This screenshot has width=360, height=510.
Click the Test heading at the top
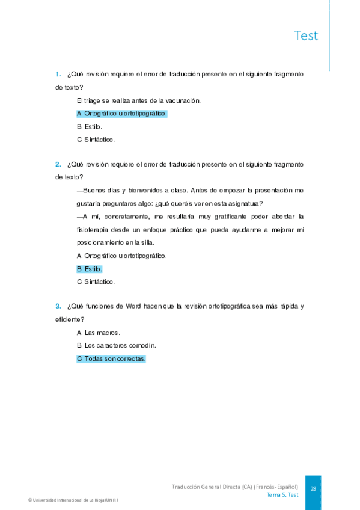tap(306, 35)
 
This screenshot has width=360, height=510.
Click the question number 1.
tap(58, 75)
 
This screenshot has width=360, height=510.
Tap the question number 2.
tap(58, 164)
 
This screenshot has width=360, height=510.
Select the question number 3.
tap(58, 306)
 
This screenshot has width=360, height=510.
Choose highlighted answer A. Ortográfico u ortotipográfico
tap(122, 114)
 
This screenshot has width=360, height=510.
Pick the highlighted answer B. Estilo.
tap(90, 269)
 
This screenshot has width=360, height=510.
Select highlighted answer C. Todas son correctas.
tap(111, 358)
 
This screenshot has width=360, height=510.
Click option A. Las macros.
tap(99, 333)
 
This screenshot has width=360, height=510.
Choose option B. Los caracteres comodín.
tap(116, 346)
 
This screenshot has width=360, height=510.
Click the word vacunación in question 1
tap(182, 100)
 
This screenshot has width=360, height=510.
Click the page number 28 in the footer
tap(313, 489)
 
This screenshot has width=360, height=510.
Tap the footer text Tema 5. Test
tap(282, 495)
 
